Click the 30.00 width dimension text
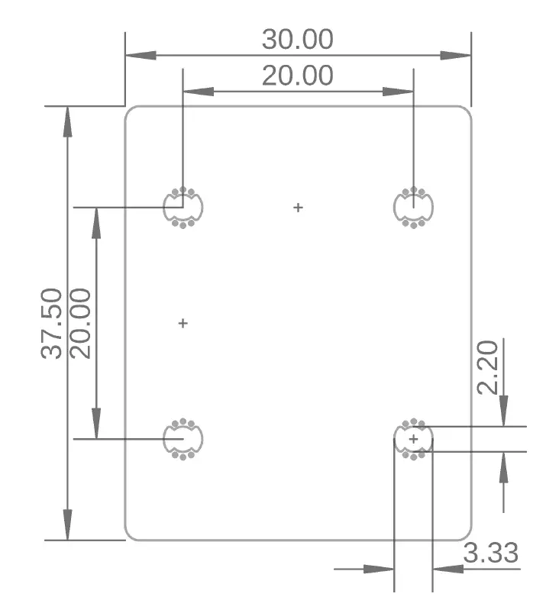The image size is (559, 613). (297, 39)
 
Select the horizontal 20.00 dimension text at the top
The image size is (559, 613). (297, 76)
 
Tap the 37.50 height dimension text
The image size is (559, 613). (52, 323)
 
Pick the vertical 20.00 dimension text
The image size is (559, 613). (80, 323)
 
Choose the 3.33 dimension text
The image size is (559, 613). (491, 553)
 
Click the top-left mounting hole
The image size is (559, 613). (183, 207)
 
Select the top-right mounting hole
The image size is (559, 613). (413, 207)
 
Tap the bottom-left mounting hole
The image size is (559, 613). (183, 439)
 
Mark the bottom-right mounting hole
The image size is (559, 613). (413, 439)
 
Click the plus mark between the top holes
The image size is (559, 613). (299, 207)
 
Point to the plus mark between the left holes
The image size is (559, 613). (183, 324)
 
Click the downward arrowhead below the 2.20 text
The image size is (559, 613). (503, 411)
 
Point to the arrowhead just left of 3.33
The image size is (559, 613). (447, 569)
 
